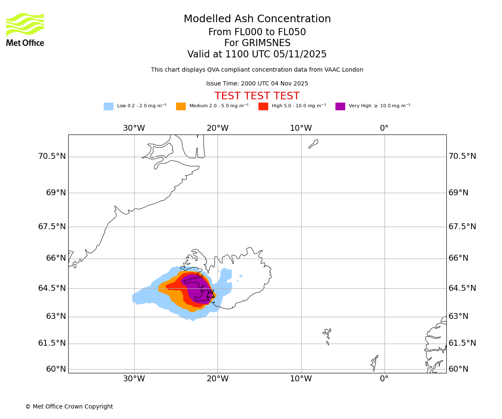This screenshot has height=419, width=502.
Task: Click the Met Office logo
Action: coord(25,29)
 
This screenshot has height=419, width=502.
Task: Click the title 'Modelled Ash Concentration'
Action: coord(257,19)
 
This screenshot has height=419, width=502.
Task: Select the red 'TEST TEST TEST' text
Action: coord(257,96)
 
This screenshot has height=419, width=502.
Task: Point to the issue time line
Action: coord(257,84)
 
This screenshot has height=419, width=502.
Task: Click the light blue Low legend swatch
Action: coord(108,106)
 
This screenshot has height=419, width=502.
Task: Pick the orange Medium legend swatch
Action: coord(181,106)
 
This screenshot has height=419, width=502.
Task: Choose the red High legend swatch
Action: coord(263,106)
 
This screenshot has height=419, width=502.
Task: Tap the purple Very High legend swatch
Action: coord(340,106)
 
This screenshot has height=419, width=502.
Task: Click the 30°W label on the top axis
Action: coord(134,128)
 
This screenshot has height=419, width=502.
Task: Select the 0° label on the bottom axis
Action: coord(384,379)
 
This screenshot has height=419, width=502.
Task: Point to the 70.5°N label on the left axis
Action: coord(52,156)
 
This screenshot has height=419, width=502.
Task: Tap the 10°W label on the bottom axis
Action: coord(301,379)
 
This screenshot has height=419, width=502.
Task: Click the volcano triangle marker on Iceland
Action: coord(210,295)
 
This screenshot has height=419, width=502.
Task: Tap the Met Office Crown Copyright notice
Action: coord(69,407)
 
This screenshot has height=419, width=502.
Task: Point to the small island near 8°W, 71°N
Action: coord(313,144)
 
